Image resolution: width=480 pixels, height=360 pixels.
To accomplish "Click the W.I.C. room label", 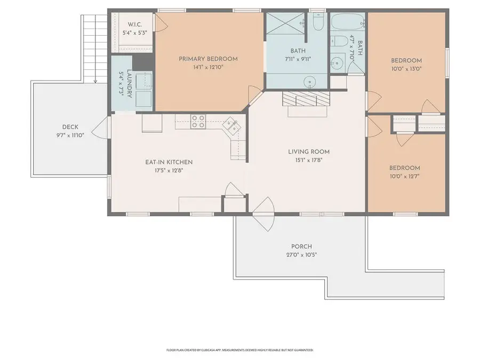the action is (x=135, y=25).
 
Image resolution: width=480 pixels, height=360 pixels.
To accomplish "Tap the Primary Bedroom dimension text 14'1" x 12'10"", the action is (x=208, y=67).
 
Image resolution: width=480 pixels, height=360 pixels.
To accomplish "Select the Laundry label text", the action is (x=129, y=84).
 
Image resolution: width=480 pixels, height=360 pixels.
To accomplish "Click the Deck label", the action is (x=70, y=127).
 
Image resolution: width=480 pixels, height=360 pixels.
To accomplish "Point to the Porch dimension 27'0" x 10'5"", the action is (x=301, y=255).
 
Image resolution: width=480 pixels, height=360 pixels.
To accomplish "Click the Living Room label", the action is (x=309, y=151).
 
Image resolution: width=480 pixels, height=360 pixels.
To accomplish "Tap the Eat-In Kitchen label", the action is (x=169, y=162).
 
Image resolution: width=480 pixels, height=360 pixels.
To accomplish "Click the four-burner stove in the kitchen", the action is (x=198, y=121).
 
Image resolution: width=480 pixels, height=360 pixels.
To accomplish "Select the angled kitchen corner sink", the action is (x=232, y=126).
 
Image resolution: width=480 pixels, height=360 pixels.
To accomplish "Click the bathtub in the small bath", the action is (x=347, y=21).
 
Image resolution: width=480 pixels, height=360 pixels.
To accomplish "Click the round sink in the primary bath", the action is (x=310, y=82).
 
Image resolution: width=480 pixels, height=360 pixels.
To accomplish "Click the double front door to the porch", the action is (x=263, y=214).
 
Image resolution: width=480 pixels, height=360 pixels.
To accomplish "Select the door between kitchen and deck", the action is (x=100, y=127).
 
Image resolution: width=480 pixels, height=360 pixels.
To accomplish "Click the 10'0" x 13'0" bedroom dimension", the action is (x=406, y=69).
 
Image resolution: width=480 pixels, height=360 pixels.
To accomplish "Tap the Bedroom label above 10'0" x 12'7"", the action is (x=404, y=168).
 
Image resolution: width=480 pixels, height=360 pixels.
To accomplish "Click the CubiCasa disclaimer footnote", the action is (x=239, y=350).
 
